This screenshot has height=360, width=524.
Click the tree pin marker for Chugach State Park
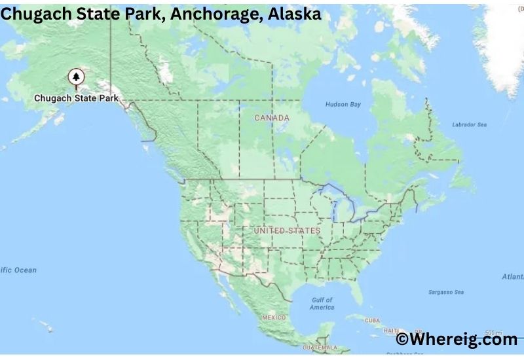76,78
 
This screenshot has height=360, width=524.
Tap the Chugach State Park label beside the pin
76,98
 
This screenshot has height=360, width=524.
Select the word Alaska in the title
294,14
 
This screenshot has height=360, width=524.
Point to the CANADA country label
272,118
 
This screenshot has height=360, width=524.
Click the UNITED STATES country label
287,231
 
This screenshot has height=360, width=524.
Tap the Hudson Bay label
343,105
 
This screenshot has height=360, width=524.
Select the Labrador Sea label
469,124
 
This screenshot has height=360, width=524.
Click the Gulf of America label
322,303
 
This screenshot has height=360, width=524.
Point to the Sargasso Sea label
445,292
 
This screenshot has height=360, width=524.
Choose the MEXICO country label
274,317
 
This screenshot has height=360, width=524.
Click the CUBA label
372,321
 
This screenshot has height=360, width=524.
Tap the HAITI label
391,331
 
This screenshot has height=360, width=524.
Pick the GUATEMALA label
320,348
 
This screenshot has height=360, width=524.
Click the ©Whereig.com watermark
457,339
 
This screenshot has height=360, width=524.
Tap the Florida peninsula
356,291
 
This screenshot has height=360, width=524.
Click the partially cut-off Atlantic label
512,277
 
